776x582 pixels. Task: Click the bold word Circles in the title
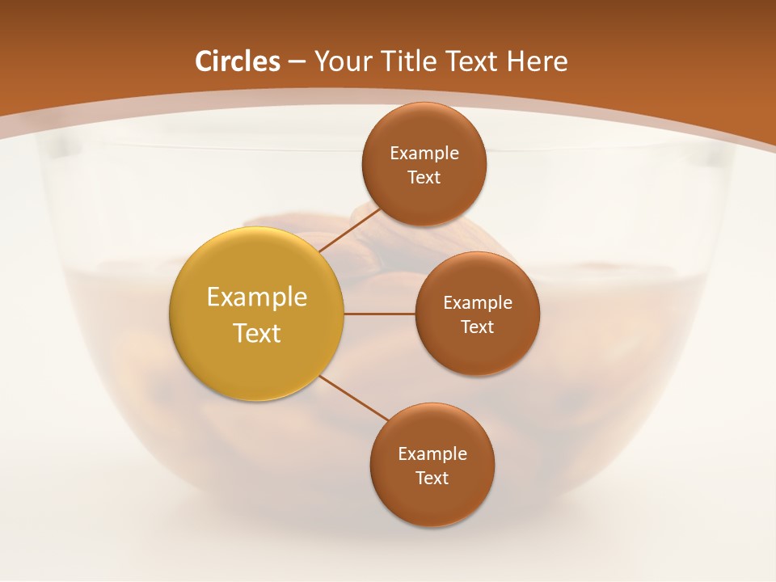point(237,61)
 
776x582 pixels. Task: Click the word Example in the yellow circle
point(256,297)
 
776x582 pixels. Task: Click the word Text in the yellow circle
point(256,333)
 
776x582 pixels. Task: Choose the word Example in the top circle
point(424,153)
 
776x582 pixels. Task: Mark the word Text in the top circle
point(424,177)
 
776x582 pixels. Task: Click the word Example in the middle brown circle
point(477,302)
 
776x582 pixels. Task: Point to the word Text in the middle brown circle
point(477,327)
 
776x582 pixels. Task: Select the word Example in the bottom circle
point(432,453)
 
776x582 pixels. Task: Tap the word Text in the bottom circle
point(432,478)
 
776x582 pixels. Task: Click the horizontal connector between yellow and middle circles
point(379,314)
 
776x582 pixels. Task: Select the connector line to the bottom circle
point(356,399)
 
